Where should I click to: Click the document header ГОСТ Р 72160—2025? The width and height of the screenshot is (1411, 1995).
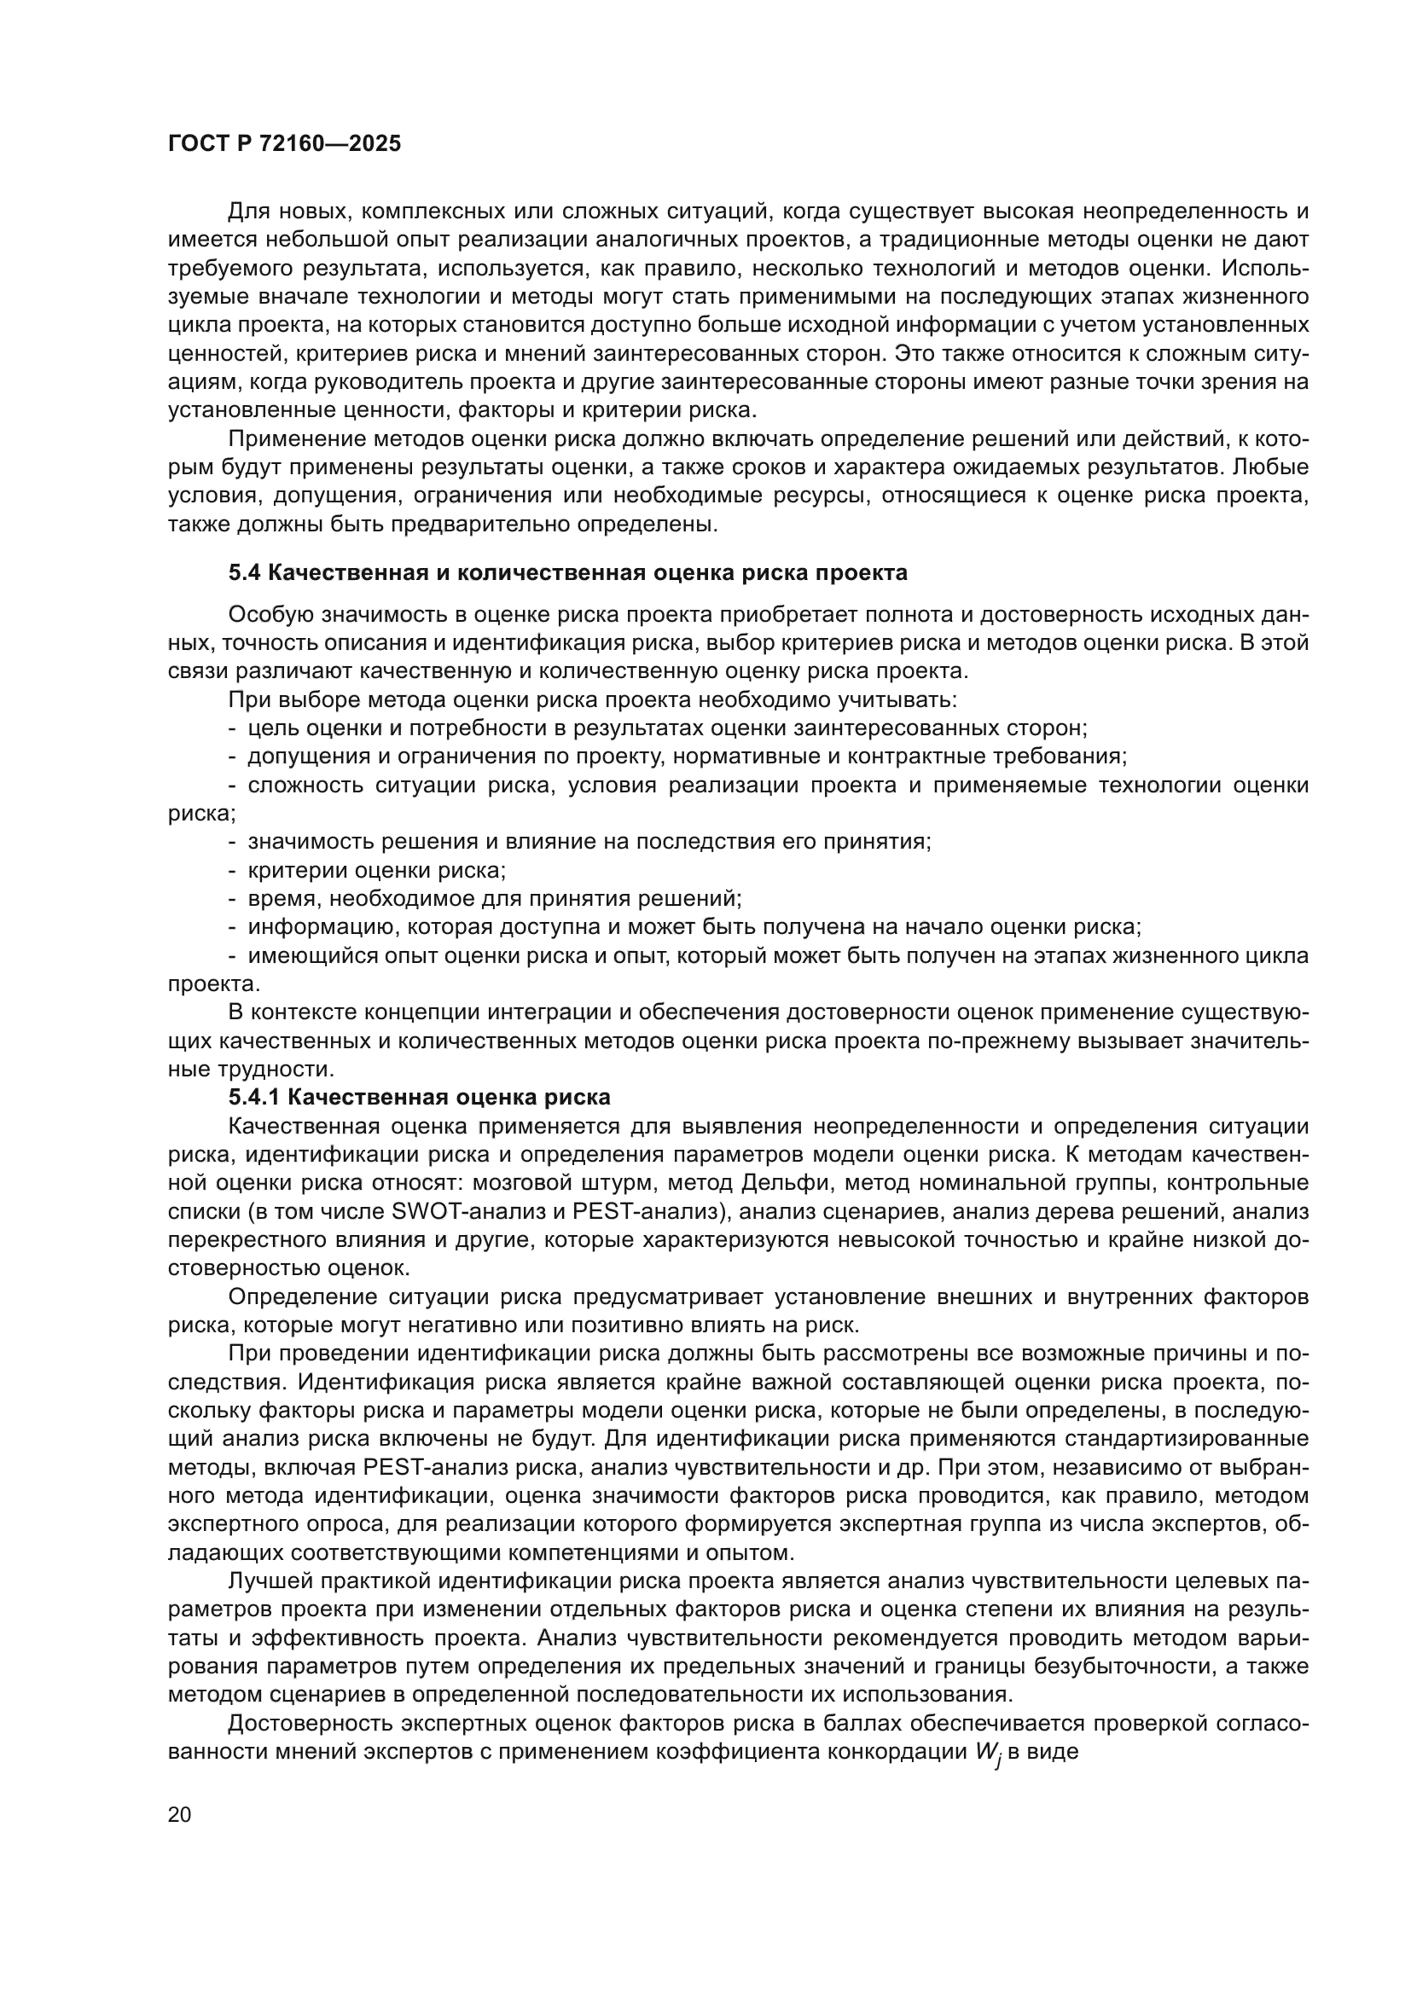(x=284, y=144)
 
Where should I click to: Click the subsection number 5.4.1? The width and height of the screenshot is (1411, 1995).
(x=254, y=1098)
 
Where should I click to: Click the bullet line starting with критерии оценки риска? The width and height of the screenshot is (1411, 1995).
(x=376, y=870)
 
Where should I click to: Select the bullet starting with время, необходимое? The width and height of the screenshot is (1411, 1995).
(x=493, y=898)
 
